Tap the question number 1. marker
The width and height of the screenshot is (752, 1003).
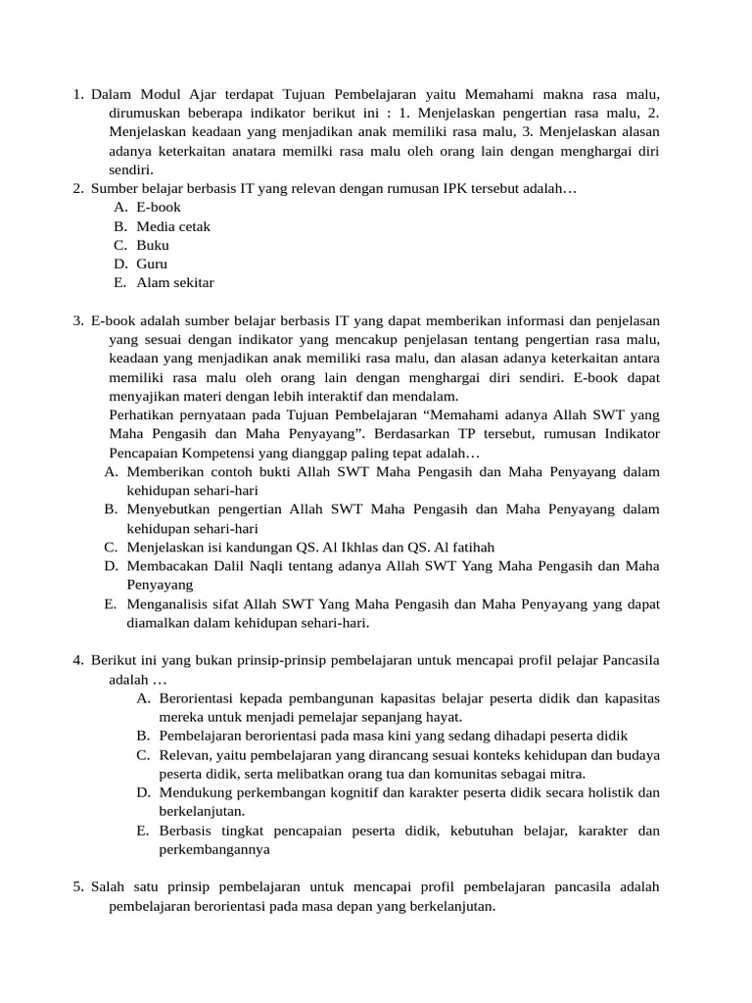(78, 94)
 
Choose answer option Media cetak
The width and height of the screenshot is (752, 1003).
(173, 226)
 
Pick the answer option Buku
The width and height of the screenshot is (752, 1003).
(153, 245)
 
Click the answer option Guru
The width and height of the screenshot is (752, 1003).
(152, 263)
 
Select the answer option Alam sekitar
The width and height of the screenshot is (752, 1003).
(175, 283)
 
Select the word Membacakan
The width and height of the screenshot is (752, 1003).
(165, 565)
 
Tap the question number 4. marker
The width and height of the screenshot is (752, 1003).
(78, 660)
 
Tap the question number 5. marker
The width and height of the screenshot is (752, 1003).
(78, 886)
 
